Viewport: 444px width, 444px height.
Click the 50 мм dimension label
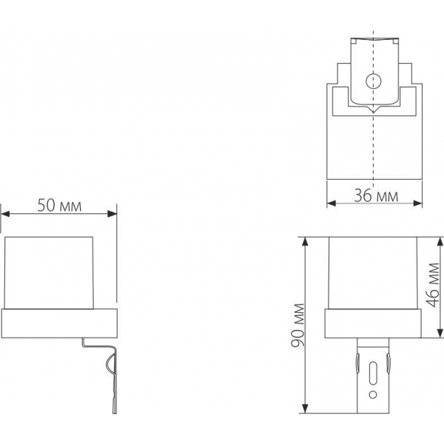point(58,205)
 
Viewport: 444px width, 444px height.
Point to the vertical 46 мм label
point(434,286)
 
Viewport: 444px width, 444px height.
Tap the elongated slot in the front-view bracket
point(374,369)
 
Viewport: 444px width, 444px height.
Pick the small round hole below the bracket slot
point(374,391)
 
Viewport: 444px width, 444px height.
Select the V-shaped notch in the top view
point(374,110)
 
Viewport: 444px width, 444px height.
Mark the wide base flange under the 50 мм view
point(59,323)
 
